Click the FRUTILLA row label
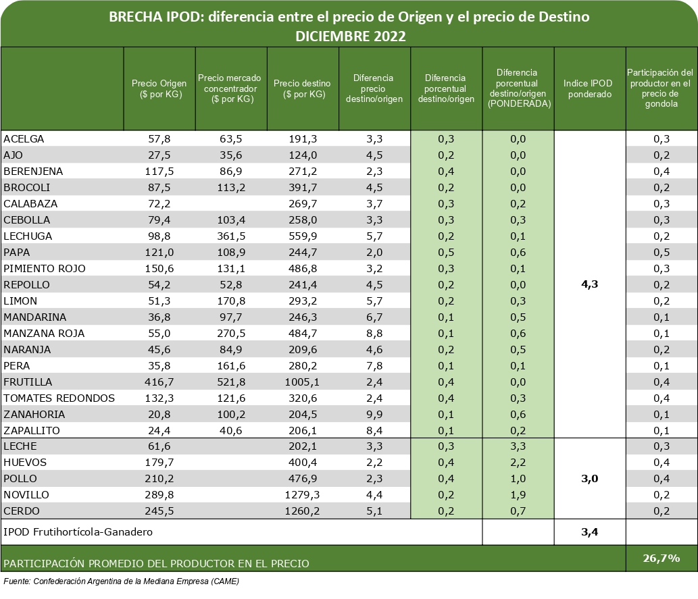pos(28,382)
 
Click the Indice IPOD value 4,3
pos(589,284)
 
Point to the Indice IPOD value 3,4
pos(589,532)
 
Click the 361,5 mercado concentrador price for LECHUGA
pos(230,236)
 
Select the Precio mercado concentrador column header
pos(230,88)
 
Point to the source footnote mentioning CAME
pos(122,581)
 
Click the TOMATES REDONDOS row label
pos(59,398)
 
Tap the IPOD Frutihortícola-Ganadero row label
pos(78,532)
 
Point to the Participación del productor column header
pos(661,88)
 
